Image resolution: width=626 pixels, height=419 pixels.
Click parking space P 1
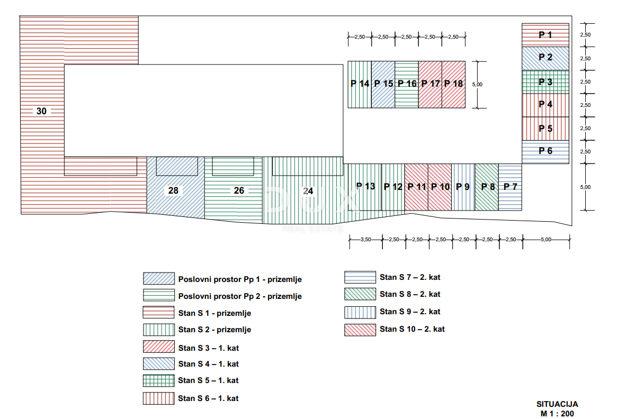[x=545, y=35]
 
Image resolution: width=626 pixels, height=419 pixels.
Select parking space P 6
[x=545, y=152]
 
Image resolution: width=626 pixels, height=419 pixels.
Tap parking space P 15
[x=383, y=85]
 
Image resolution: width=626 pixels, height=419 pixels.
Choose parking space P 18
[x=453, y=85]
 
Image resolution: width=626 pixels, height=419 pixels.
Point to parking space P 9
[x=463, y=187]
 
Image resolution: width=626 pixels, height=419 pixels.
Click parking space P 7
[x=510, y=187]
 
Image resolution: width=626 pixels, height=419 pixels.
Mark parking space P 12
[x=394, y=187]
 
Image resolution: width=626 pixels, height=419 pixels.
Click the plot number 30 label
[x=41, y=111]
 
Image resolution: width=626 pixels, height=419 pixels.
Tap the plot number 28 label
[x=173, y=190]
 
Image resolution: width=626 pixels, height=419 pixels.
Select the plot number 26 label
[x=239, y=190]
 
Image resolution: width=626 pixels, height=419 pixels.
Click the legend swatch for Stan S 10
[x=360, y=330]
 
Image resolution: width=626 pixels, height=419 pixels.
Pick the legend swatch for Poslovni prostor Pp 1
[x=159, y=278]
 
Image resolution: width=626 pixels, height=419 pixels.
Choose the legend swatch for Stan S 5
[x=159, y=381]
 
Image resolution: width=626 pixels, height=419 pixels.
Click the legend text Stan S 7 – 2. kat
[x=410, y=277]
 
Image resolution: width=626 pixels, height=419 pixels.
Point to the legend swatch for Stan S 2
[x=159, y=330]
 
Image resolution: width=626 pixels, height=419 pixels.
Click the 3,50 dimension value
[x=366, y=240]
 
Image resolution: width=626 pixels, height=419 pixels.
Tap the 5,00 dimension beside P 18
[x=477, y=85]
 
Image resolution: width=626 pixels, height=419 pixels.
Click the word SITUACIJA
[x=557, y=404]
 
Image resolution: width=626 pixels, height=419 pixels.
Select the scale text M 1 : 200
[x=557, y=414]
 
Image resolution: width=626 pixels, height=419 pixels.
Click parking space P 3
[x=545, y=82]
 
